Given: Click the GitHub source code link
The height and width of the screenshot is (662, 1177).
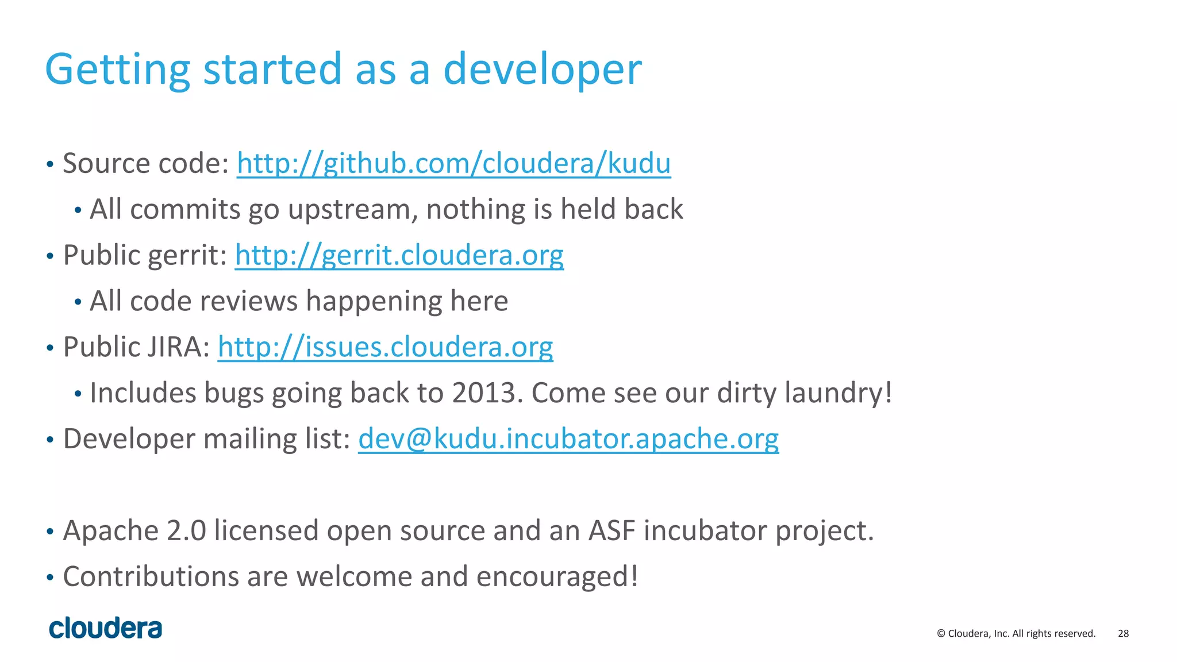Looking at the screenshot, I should point(453,163).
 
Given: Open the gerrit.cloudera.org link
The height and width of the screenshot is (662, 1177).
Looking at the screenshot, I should point(399,255).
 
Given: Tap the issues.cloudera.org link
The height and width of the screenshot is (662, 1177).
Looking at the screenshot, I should point(385,347).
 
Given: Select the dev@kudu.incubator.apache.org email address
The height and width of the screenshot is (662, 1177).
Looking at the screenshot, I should point(568,439).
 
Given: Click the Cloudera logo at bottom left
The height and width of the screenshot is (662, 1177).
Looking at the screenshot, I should point(106,628).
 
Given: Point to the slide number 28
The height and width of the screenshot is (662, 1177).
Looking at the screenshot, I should point(1123,633).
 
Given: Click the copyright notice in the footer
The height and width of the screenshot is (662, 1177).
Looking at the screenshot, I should point(1016,633).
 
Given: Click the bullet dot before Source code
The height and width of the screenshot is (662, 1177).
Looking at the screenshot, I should point(50,165).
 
